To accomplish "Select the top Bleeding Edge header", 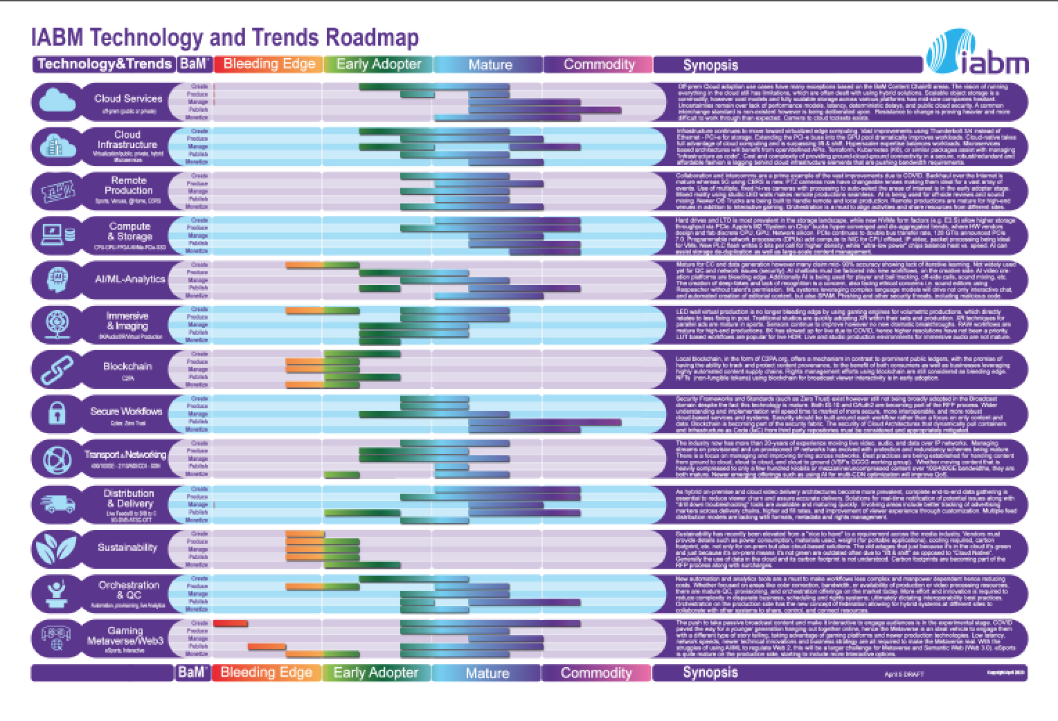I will tap(269, 64).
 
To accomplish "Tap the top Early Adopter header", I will tap(378, 64).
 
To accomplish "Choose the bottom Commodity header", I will tap(596, 673).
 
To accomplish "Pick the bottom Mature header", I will tap(487, 673).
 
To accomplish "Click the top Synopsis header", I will tap(710, 65).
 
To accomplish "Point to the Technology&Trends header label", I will tap(104, 64).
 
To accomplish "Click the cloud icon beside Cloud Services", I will tap(57, 102).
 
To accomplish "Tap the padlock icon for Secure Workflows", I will tap(57, 413).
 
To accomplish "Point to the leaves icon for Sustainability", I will tap(57, 547).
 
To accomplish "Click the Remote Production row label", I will tap(128, 185).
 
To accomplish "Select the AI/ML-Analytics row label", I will tap(130, 279).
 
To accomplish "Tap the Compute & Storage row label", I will tap(129, 231).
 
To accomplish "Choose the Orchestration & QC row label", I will tap(129, 590).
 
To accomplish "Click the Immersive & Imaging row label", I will tap(127, 320).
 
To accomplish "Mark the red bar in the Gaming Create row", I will tap(231, 623).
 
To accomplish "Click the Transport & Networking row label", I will tap(125, 455).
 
